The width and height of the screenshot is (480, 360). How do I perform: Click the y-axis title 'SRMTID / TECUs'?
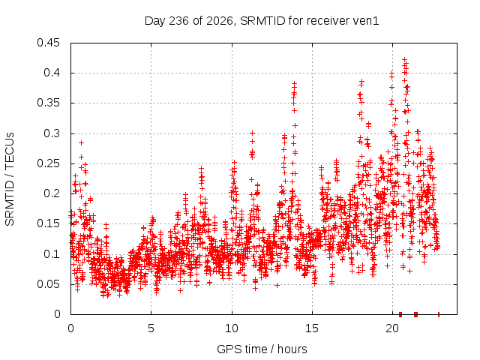tap(10, 179)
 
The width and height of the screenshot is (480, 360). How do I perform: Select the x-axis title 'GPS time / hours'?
tap(262, 349)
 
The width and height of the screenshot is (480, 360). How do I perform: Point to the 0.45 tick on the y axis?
tap(48, 43)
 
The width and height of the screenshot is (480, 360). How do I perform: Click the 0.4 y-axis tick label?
tap(52, 73)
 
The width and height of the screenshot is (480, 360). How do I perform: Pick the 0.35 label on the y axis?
tap(48, 103)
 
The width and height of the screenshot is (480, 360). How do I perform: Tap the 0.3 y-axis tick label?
tap(52, 133)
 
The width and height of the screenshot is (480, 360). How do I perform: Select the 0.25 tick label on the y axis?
tap(48, 163)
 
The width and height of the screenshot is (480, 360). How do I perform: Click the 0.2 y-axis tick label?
tap(52, 193)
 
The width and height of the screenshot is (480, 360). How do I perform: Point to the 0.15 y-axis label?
tap(48, 223)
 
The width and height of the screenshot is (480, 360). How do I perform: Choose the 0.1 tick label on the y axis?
tap(52, 253)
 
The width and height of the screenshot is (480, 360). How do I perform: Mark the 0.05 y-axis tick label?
tap(48, 284)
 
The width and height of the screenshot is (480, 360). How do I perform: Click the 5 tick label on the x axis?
tap(151, 328)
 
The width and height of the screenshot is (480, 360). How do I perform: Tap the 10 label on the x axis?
tap(232, 328)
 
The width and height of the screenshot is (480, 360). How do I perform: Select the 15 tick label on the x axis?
tap(312, 328)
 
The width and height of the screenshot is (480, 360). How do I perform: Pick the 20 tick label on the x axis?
tap(392, 328)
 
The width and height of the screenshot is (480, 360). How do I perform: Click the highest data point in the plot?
tap(405, 59)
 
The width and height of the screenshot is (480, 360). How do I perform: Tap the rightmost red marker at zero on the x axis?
tap(439, 314)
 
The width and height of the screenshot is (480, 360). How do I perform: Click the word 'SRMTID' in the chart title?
tap(263, 21)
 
